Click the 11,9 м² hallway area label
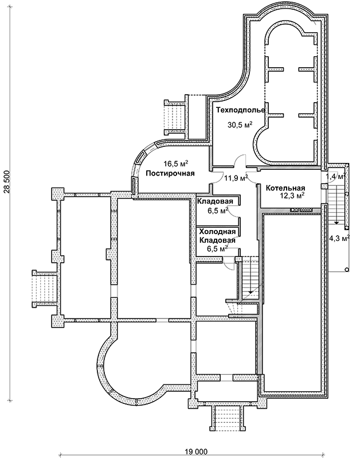click(x=236, y=178)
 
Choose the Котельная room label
click(x=284, y=187)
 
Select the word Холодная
click(x=217, y=232)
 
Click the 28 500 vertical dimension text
click(x=7, y=183)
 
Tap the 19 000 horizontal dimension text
click(x=195, y=451)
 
